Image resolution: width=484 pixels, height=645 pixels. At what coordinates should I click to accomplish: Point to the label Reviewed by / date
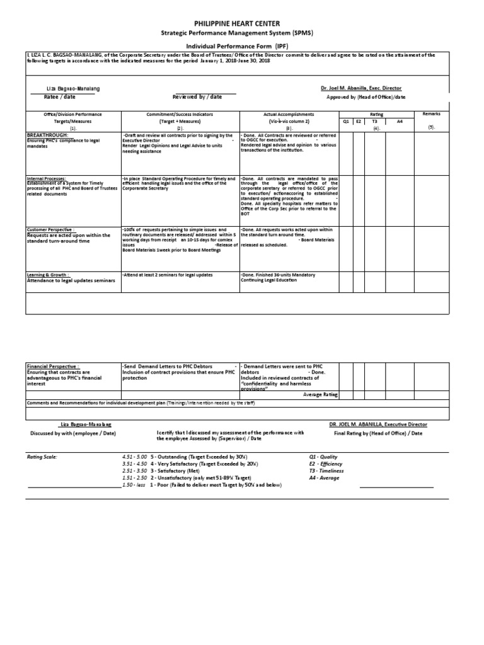(197, 97)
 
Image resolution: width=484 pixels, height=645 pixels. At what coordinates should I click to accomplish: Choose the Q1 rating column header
(346, 121)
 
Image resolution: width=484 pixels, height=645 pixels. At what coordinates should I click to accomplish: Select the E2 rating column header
(359, 121)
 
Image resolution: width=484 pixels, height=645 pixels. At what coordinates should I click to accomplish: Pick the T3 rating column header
(374, 121)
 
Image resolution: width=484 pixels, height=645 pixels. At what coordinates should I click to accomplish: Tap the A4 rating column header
(400, 121)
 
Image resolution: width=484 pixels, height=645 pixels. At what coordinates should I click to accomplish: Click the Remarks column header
(432, 114)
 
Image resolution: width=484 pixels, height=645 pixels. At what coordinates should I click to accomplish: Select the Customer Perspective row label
(50, 230)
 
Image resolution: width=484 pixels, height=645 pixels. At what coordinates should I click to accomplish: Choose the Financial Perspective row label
(52, 366)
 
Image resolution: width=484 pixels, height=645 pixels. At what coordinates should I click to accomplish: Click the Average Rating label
(320, 394)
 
